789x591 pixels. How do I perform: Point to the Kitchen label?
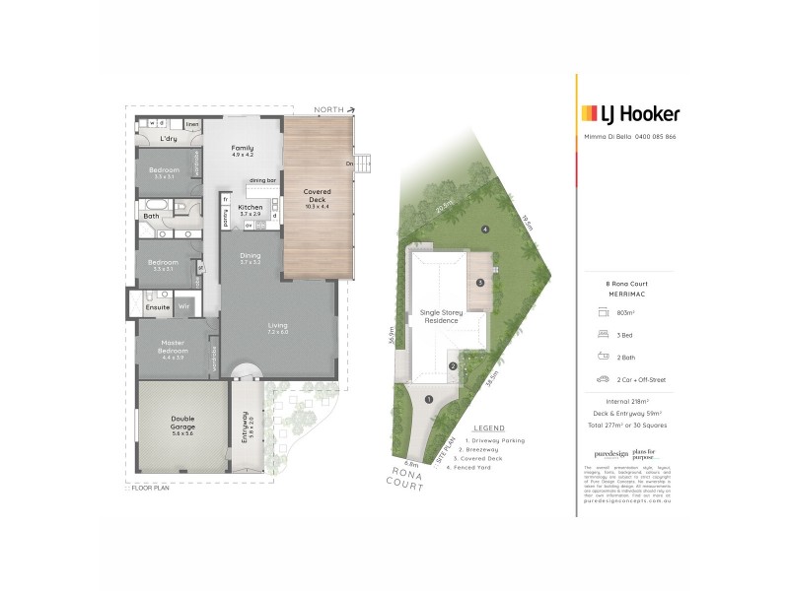pyautogui.click(x=250, y=207)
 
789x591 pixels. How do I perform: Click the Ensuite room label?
pyautogui.click(x=159, y=307)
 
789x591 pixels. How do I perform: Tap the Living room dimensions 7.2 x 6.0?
pyautogui.click(x=277, y=332)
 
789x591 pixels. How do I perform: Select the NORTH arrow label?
pyautogui.click(x=329, y=109)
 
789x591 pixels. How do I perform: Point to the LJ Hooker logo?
pyautogui.click(x=630, y=113)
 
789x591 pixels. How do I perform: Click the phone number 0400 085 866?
pyautogui.click(x=655, y=137)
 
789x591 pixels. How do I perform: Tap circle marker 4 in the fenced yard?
pyautogui.click(x=485, y=230)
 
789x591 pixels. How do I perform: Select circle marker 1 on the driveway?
pyautogui.click(x=429, y=399)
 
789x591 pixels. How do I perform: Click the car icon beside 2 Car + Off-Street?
pyautogui.click(x=601, y=378)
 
